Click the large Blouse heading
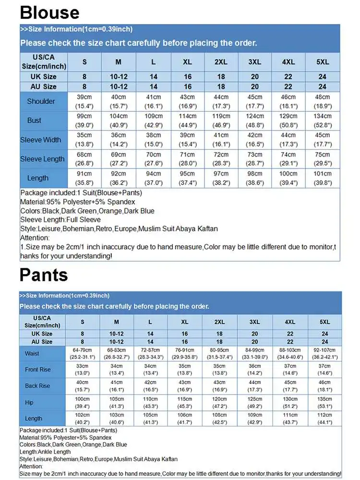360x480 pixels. coord(49,12)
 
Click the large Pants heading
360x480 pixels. coord(44,275)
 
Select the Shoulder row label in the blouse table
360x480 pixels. coord(41,101)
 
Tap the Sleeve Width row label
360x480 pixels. coord(41,140)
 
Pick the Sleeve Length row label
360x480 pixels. coord(42,159)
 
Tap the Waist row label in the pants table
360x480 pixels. coord(32,354)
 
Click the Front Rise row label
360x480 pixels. coord(37,370)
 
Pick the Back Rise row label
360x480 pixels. coord(37,386)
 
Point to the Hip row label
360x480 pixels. coord(29,402)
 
